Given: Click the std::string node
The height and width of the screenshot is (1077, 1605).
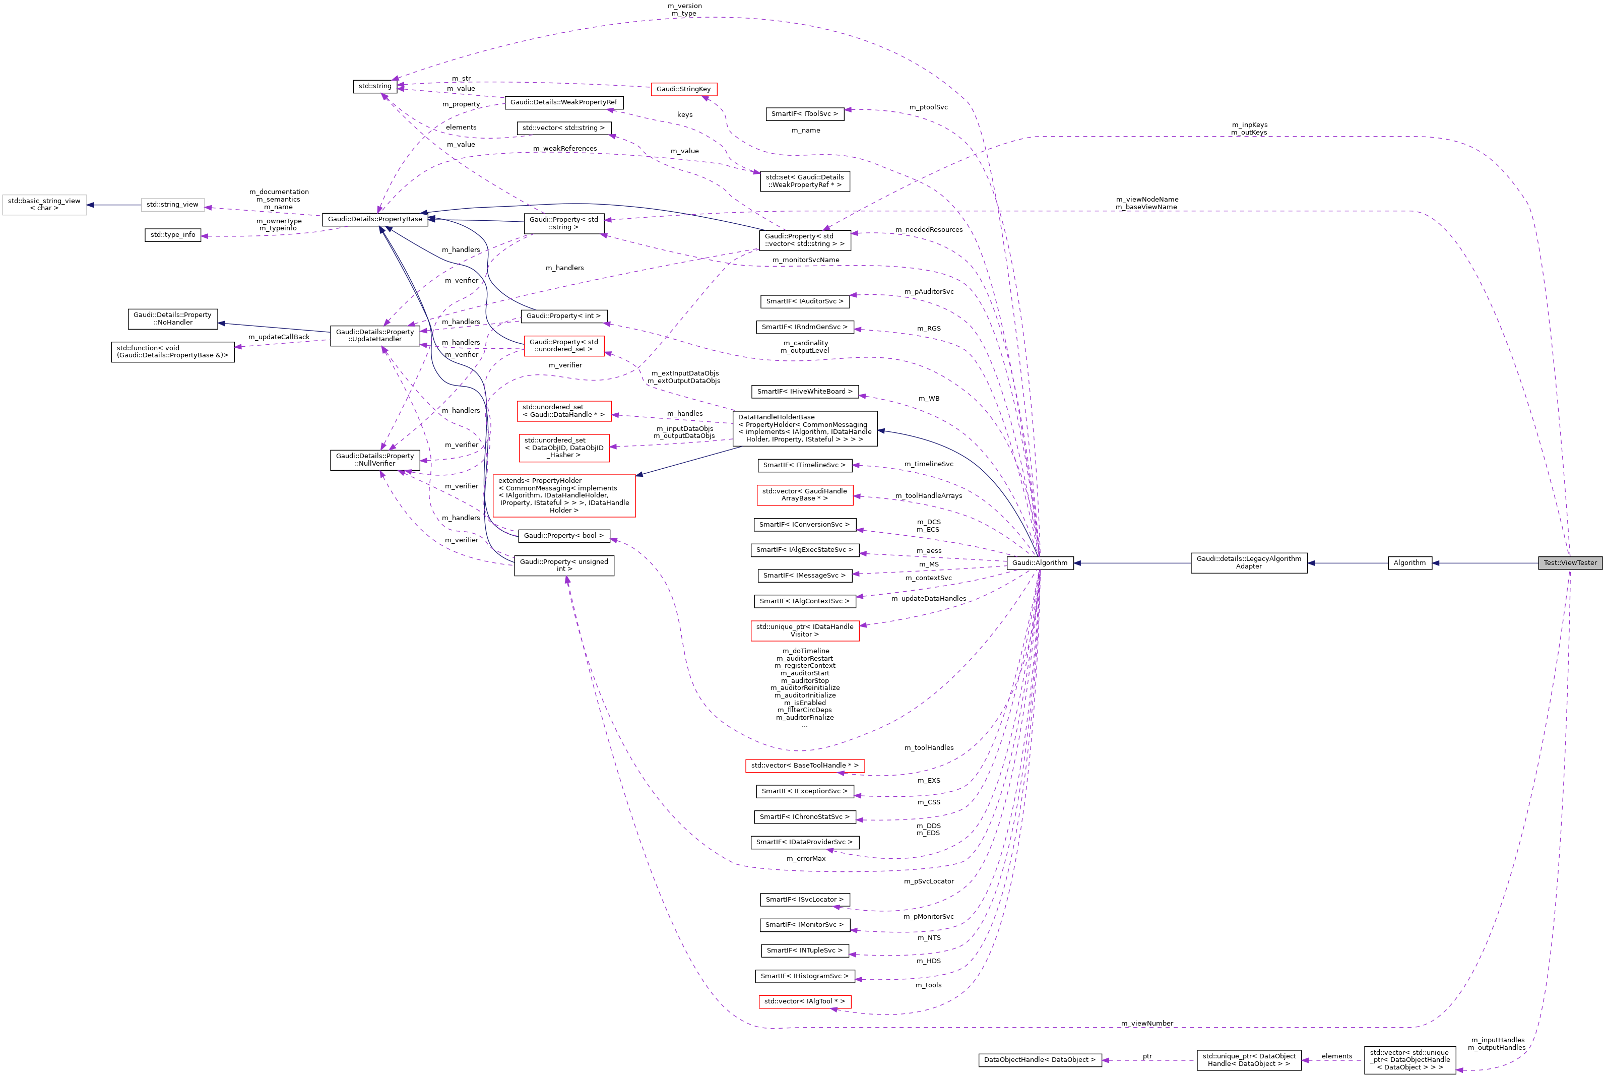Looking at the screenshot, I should (375, 87).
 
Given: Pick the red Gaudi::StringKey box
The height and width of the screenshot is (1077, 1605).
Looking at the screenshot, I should (683, 89).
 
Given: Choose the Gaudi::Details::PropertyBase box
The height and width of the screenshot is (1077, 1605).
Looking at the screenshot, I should (375, 220).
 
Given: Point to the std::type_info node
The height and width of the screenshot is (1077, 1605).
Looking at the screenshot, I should (173, 235).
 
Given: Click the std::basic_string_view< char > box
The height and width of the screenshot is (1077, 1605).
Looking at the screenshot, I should (44, 205).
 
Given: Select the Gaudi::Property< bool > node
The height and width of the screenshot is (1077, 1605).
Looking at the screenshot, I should (563, 536).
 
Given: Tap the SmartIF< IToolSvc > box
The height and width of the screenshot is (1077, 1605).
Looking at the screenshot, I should (804, 114).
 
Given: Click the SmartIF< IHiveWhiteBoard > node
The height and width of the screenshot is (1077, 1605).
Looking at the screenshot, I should (804, 392).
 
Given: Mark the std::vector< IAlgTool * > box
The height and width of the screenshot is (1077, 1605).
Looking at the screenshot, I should (804, 1001).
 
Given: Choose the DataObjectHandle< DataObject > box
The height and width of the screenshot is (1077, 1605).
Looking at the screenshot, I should (1039, 1060).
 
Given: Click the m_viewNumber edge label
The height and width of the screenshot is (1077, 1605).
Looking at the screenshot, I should (1146, 1024).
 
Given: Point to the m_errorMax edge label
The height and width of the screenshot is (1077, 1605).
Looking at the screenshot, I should (806, 859).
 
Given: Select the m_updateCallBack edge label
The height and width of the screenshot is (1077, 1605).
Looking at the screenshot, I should (278, 337).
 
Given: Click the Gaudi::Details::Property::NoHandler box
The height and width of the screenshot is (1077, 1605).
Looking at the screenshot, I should (172, 319).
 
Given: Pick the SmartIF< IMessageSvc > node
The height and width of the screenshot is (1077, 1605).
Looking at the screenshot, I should (804, 576).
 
